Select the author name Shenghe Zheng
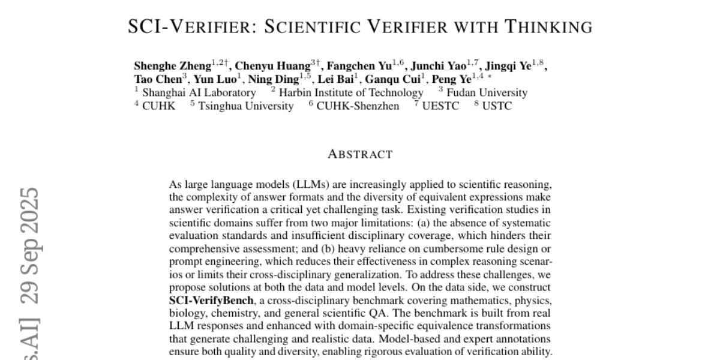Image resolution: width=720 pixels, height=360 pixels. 172,66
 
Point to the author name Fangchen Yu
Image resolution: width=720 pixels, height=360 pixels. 359,66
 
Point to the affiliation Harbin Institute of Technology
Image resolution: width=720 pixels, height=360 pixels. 351,92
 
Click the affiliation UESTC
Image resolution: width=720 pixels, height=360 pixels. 440,106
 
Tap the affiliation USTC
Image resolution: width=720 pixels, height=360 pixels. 497,106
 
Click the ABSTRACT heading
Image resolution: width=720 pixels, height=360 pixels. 360,154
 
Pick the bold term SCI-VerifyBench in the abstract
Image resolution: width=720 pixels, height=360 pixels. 211,300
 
